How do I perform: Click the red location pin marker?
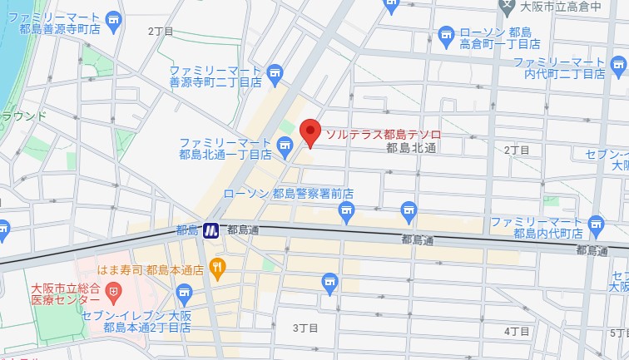(x=310, y=132)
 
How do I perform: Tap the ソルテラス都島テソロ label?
(x=383, y=134)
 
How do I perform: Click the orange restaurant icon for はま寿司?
(x=218, y=267)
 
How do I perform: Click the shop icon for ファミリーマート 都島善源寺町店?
(x=114, y=17)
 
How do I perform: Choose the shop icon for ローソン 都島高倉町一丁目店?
(x=446, y=35)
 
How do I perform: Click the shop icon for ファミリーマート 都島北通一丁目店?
(x=285, y=149)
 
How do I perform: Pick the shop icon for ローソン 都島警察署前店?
(x=346, y=214)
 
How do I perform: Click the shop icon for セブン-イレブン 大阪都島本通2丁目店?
(x=185, y=291)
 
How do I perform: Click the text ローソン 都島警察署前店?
(x=289, y=193)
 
